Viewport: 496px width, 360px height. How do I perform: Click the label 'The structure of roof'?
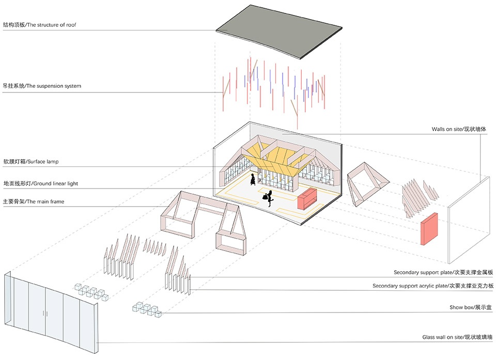click(52, 25)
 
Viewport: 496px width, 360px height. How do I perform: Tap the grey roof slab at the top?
click(279, 31)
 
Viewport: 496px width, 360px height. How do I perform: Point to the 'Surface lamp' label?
click(43, 162)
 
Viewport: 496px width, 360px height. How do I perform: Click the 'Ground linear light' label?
click(56, 183)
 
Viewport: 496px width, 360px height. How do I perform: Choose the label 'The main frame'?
click(45, 201)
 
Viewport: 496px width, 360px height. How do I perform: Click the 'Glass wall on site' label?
click(442, 337)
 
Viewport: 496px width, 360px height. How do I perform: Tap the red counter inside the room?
click(307, 199)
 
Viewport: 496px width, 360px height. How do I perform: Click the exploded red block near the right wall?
click(429, 228)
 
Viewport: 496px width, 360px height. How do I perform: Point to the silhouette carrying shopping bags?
click(269, 198)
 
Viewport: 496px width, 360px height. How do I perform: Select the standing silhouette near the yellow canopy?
click(253, 179)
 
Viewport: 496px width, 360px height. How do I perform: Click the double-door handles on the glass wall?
click(45, 314)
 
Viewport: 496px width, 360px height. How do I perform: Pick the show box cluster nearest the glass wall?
click(91, 292)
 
